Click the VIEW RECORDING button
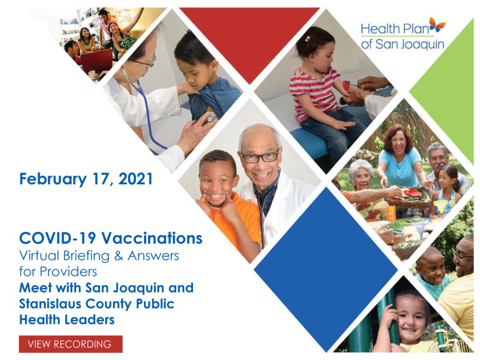71,344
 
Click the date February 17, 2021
86,179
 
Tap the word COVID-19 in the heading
57,238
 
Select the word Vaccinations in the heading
152,238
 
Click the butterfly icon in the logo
437,25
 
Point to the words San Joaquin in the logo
410,44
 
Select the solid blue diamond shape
326,270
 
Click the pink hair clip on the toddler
308,39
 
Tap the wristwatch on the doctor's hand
211,117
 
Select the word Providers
68,272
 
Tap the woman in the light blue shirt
399,159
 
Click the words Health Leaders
67,320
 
